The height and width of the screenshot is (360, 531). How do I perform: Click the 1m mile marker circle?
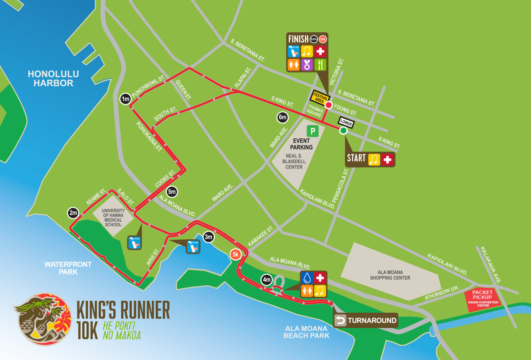pyautogui.click(x=125, y=99)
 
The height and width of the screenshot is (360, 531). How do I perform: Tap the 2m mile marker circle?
pyautogui.click(x=73, y=213)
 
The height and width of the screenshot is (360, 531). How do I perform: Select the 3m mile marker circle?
pyautogui.click(x=208, y=237)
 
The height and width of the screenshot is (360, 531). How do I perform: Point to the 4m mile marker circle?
pyautogui.click(x=266, y=280)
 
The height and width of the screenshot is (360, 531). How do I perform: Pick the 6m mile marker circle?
pyautogui.click(x=282, y=117)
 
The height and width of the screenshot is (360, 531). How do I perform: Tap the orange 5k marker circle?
pyautogui.click(x=235, y=254)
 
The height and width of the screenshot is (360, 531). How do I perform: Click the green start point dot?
pyautogui.click(x=343, y=130)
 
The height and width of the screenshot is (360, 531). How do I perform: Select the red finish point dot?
pyautogui.click(x=328, y=105)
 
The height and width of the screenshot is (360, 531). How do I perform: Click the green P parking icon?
pyautogui.click(x=313, y=131)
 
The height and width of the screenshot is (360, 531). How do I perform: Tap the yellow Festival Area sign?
pyautogui.click(x=319, y=98)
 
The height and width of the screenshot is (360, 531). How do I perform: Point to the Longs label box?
pyautogui.click(x=346, y=122)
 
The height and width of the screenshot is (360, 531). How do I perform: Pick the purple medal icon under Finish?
pyautogui.click(x=307, y=65)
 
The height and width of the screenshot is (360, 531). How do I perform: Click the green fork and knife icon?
pyautogui.click(x=320, y=65)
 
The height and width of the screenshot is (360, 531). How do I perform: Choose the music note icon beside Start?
pyautogui.click(x=374, y=160)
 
